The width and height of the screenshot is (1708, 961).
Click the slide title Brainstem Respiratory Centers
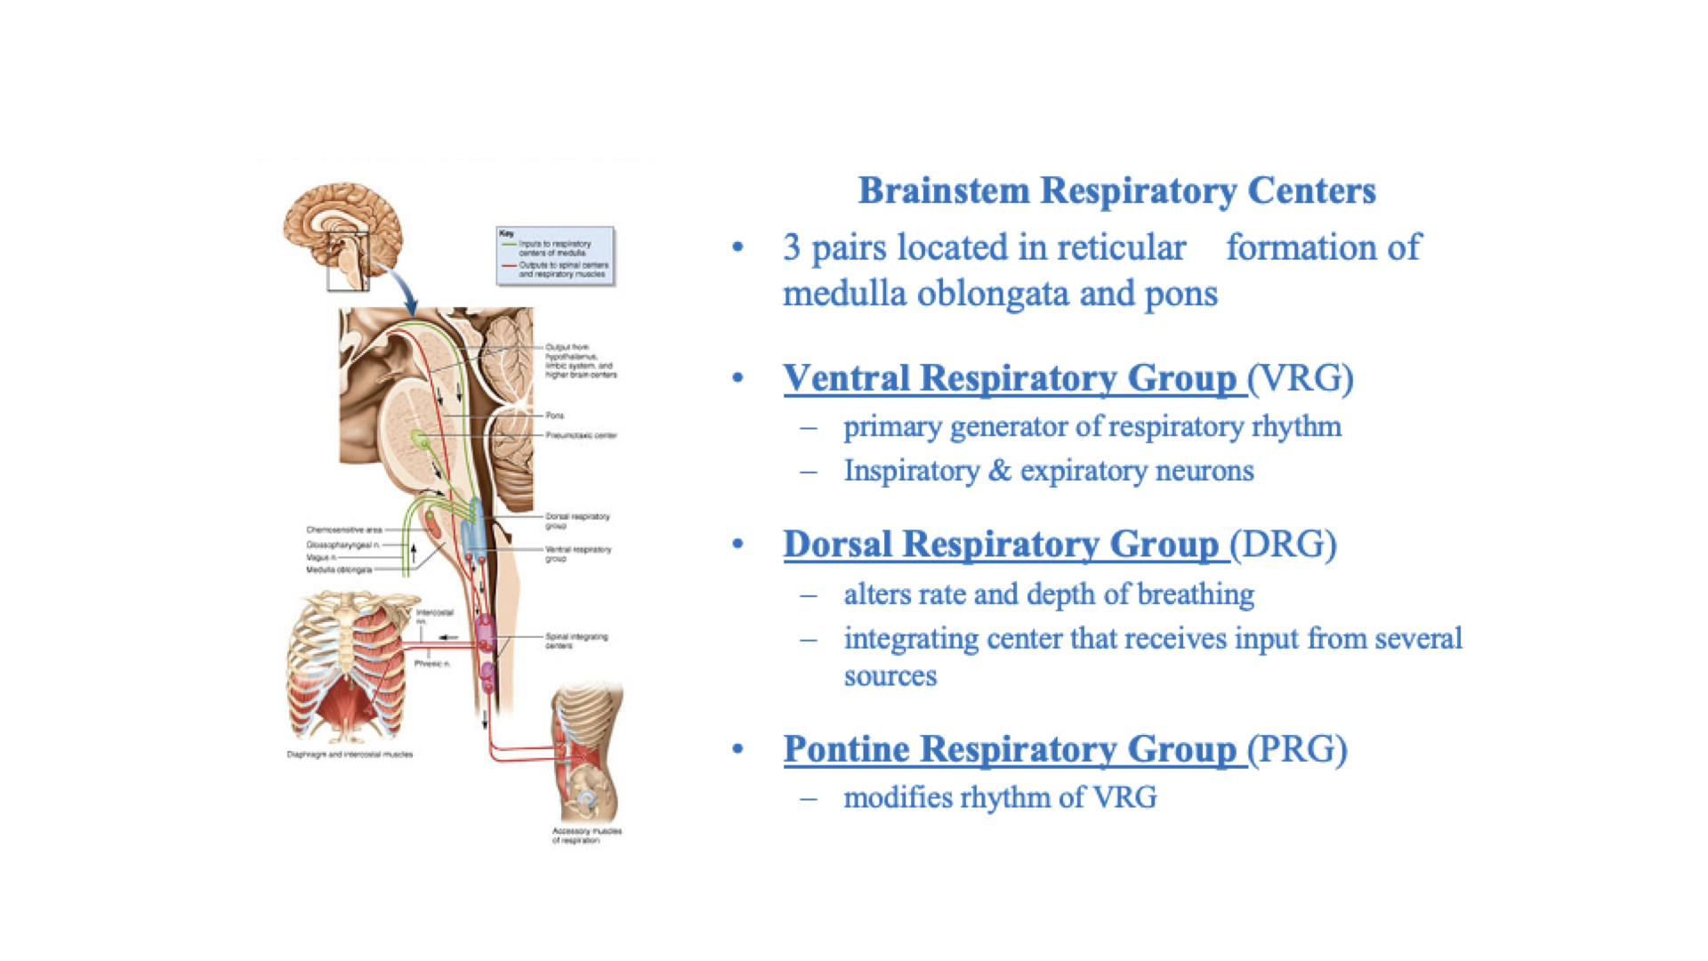1116,190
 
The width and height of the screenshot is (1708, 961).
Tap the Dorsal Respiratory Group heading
1002,545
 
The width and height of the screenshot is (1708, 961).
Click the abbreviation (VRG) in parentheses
1301,378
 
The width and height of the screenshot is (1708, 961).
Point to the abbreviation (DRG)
1284,545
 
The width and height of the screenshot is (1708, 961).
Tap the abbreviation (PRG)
1298,749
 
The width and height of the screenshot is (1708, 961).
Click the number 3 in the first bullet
791,248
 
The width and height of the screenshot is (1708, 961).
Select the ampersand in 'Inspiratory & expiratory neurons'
1000,471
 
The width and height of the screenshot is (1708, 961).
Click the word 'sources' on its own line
890,676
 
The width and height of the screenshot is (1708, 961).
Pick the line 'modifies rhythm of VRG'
1000,797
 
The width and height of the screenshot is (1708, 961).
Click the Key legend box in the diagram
555,256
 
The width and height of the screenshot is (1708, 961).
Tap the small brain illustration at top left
342,233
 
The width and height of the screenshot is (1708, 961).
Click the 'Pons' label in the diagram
555,416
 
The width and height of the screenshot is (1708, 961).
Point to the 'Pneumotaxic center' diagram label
581,435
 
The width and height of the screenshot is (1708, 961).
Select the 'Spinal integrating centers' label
576,641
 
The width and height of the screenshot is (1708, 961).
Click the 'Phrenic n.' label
432,664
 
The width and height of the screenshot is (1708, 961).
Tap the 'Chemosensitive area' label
344,529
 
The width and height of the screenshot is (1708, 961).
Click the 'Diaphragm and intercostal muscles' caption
350,755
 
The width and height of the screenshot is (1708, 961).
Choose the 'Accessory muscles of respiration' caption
586,836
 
